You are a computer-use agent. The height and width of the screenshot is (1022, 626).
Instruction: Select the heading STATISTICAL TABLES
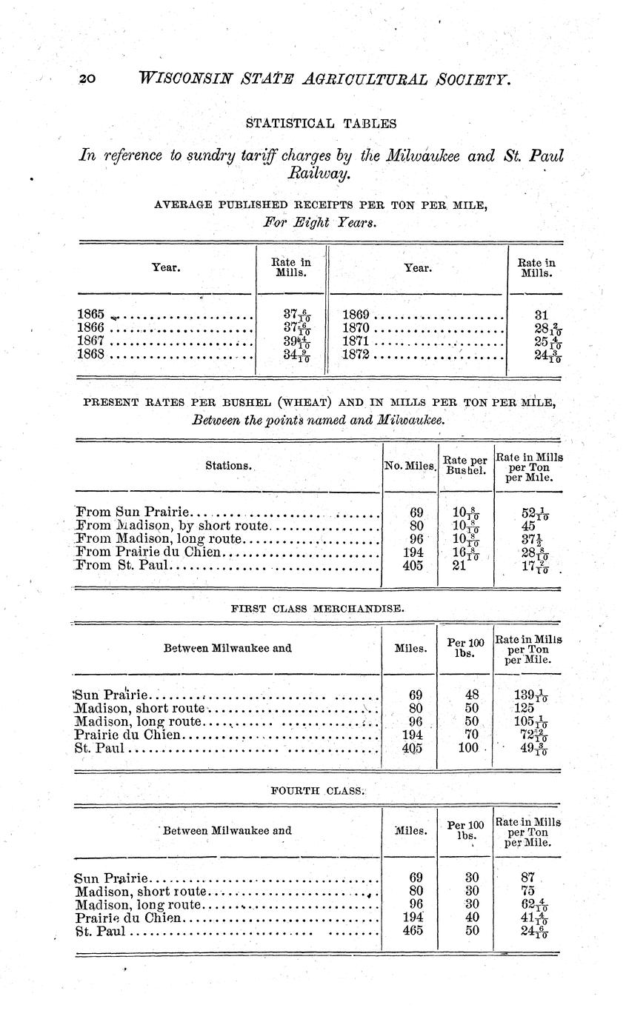click(x=320, y=123)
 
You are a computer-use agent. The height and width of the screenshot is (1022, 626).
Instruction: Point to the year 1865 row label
click(x=91, y=314)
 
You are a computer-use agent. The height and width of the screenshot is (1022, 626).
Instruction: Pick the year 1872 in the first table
click(x=359, y=354)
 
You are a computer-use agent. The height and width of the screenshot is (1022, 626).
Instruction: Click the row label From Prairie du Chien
click(x=149, y=552)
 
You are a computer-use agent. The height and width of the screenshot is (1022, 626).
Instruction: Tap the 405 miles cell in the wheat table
click(x=416, y=565)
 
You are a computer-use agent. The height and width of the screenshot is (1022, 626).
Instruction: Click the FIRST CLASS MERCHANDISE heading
click(x=318, y=608)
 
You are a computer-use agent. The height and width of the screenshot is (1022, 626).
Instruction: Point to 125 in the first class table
click(x=522, y=708)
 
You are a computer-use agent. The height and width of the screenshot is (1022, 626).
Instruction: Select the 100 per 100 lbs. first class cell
click(x=466, y=748)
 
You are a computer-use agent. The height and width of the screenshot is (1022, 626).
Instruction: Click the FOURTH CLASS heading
click(x=319, y=790)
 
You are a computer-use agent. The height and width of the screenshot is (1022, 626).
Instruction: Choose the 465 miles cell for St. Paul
click(x=416, y=930)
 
